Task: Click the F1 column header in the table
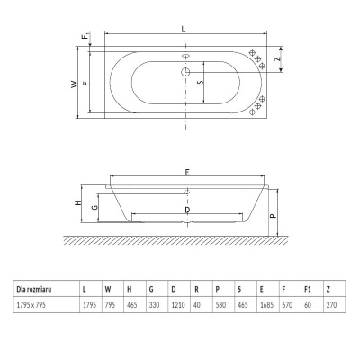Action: click(307, 289)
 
